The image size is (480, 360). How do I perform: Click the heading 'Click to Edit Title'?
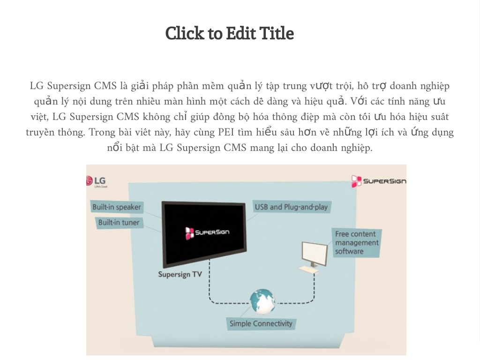(230, 33)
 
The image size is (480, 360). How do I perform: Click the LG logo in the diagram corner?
(96, 181)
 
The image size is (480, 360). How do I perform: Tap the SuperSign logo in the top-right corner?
(378, 181)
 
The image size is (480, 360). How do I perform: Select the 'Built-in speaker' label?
(117, 207)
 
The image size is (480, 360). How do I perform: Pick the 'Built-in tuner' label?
(119, 223)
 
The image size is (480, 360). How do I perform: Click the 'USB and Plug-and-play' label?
(292, 207)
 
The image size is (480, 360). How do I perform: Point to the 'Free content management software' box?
(357, 243)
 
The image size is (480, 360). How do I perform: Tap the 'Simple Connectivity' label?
(261, 323)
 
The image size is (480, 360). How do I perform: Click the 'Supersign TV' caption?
(180, 274)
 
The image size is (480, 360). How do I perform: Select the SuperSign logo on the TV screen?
(207, 232)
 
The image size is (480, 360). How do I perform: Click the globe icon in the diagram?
(262, 302)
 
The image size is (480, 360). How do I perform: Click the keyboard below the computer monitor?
(308, 270)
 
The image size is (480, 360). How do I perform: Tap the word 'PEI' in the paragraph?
(226, 132)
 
